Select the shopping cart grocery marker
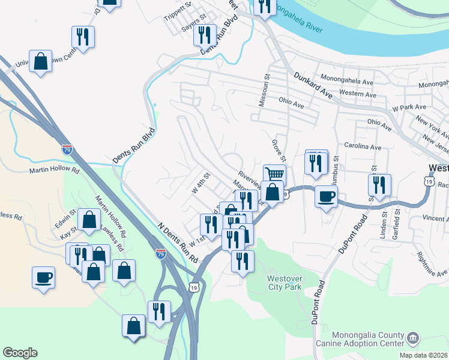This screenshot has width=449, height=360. [x=274, y=175]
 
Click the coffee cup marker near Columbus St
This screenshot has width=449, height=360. [x=326, y=197]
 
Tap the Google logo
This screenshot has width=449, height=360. [x=20, y=353]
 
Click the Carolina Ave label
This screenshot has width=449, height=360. [x=363, y=146]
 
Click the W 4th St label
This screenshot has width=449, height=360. [x=200, y=182]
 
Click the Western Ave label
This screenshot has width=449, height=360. [x=358, y=95]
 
